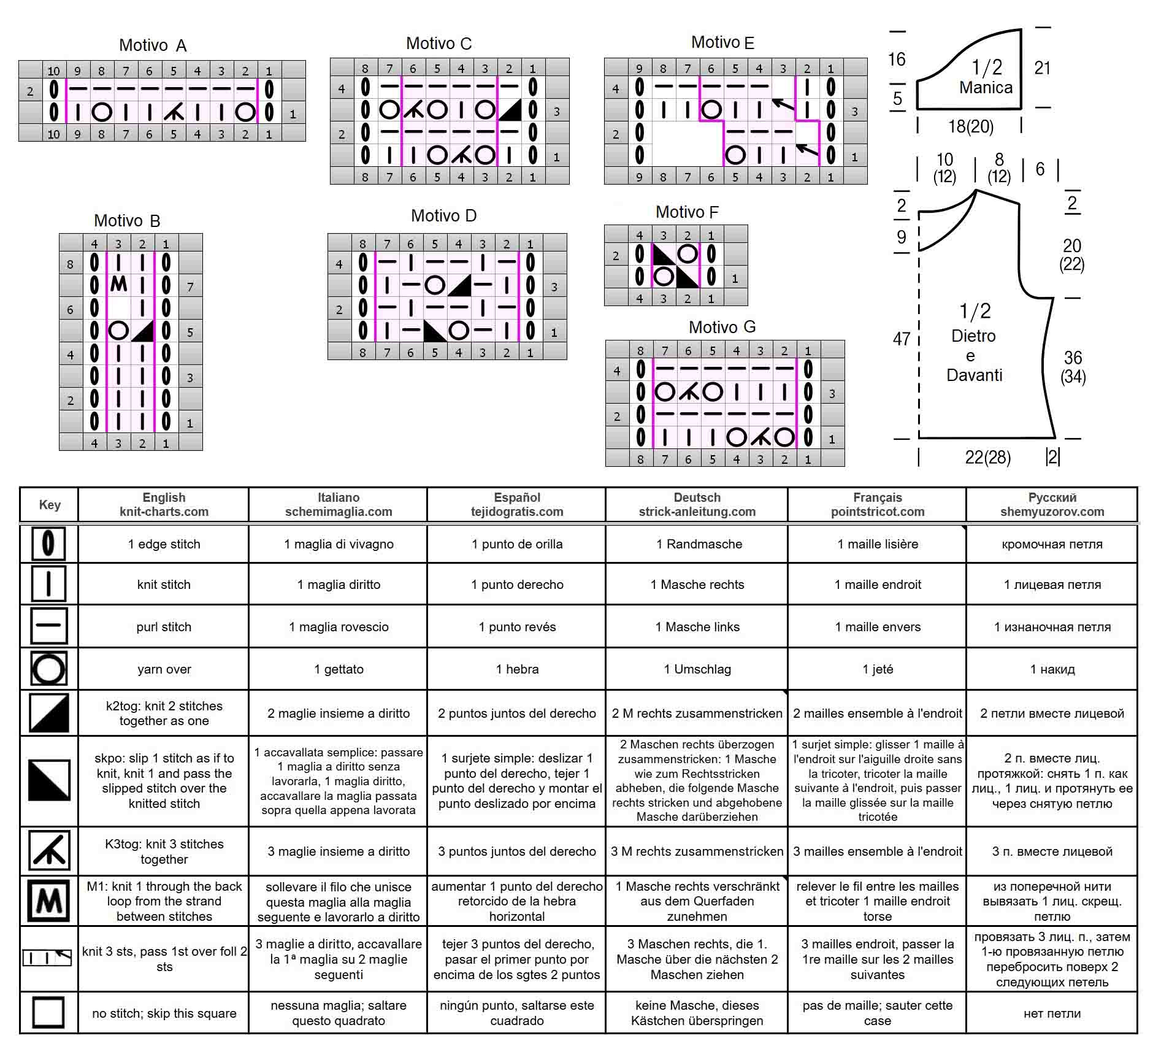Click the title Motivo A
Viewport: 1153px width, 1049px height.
pos(153,45)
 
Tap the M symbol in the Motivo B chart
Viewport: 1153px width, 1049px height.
pos(119,284)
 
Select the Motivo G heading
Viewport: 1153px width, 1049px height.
pos(722,327)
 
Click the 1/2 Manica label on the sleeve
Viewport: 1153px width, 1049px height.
pos(986,77)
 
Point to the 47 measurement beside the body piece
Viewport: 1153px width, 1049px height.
pos(902,339)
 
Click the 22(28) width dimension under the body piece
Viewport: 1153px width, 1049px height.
pos(987,457)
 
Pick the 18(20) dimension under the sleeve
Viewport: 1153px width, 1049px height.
pos(970,126)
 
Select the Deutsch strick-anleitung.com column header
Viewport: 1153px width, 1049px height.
pos(697,505)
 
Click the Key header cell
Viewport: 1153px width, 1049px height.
pos(50,505)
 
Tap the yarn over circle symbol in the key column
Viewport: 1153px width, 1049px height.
pos(48,669)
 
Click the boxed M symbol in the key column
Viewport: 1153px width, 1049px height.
pos(49,901)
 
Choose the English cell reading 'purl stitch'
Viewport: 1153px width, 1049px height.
pos(164,627)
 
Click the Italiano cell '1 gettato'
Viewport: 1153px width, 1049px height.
pos(339,669)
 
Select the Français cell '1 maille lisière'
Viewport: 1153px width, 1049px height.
pos(878,544)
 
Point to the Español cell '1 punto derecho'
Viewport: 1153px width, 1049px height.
pos(517,585)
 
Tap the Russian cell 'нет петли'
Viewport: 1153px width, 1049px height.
pos(1052,1013)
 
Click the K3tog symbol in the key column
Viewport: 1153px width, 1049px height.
pos(49,851)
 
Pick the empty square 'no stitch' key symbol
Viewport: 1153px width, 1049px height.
pos(48,1012)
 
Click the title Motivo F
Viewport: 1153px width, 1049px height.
pos(687,212)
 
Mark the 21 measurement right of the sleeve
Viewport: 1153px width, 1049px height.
pos(1043,67)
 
